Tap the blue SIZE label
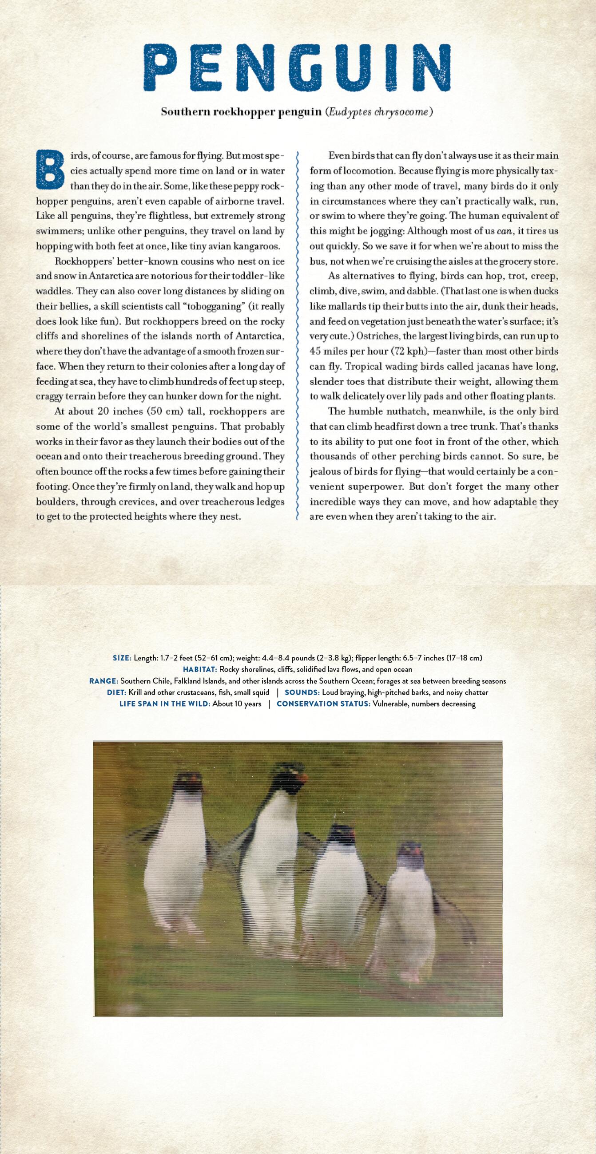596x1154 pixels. tap(122, 658)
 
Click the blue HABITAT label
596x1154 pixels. tap(200, 669)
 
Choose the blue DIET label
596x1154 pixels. tap(116, 692)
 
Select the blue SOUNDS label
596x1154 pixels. tap(302, 692)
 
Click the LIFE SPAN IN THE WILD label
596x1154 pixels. tap(164, 704)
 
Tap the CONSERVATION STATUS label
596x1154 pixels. tap(324, 704)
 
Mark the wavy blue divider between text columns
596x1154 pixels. tap(297, 336)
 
